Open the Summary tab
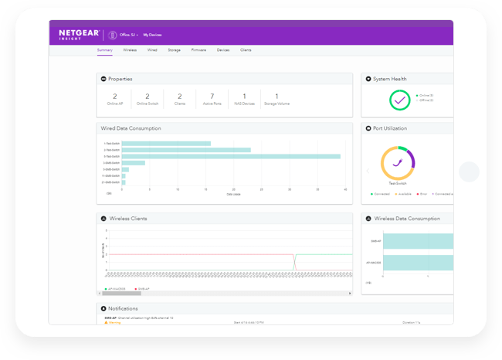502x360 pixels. (x=105, y=49)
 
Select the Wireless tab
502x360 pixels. (x=130, y=49)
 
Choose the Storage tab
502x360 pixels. (x=175, y=49)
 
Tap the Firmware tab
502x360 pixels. (x=198, y=49)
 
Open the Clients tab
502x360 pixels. (x=246, y=49)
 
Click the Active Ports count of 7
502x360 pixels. (x=212, y=96)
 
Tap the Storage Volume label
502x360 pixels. (x=276, y=104)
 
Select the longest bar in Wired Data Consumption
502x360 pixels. (x=231, y=156)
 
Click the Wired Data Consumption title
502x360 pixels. (x=131, y=128)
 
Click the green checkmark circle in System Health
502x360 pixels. (x=399, y=100)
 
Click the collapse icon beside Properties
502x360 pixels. (x=103, y=79)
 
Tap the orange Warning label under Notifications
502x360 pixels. (x=113, y=322)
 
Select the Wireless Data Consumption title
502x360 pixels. (x=406, y=219)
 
